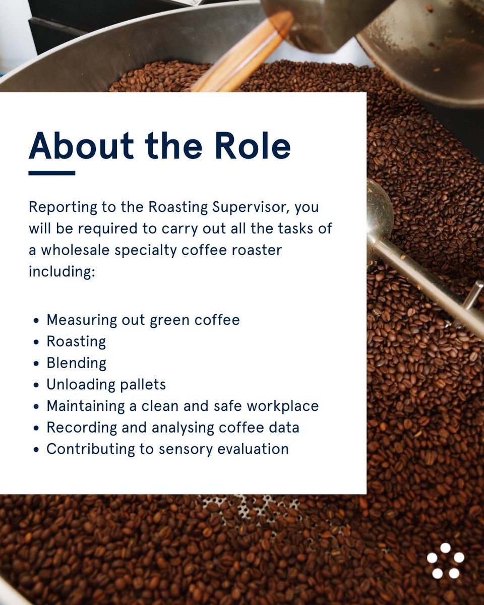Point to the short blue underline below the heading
pos(51,173)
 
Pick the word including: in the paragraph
pos(62,271)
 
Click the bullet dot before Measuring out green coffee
pos(36,321)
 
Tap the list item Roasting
pos(76,342)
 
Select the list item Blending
pos(76,363)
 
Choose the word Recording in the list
pos(76,428)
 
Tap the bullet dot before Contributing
pos(36,450)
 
